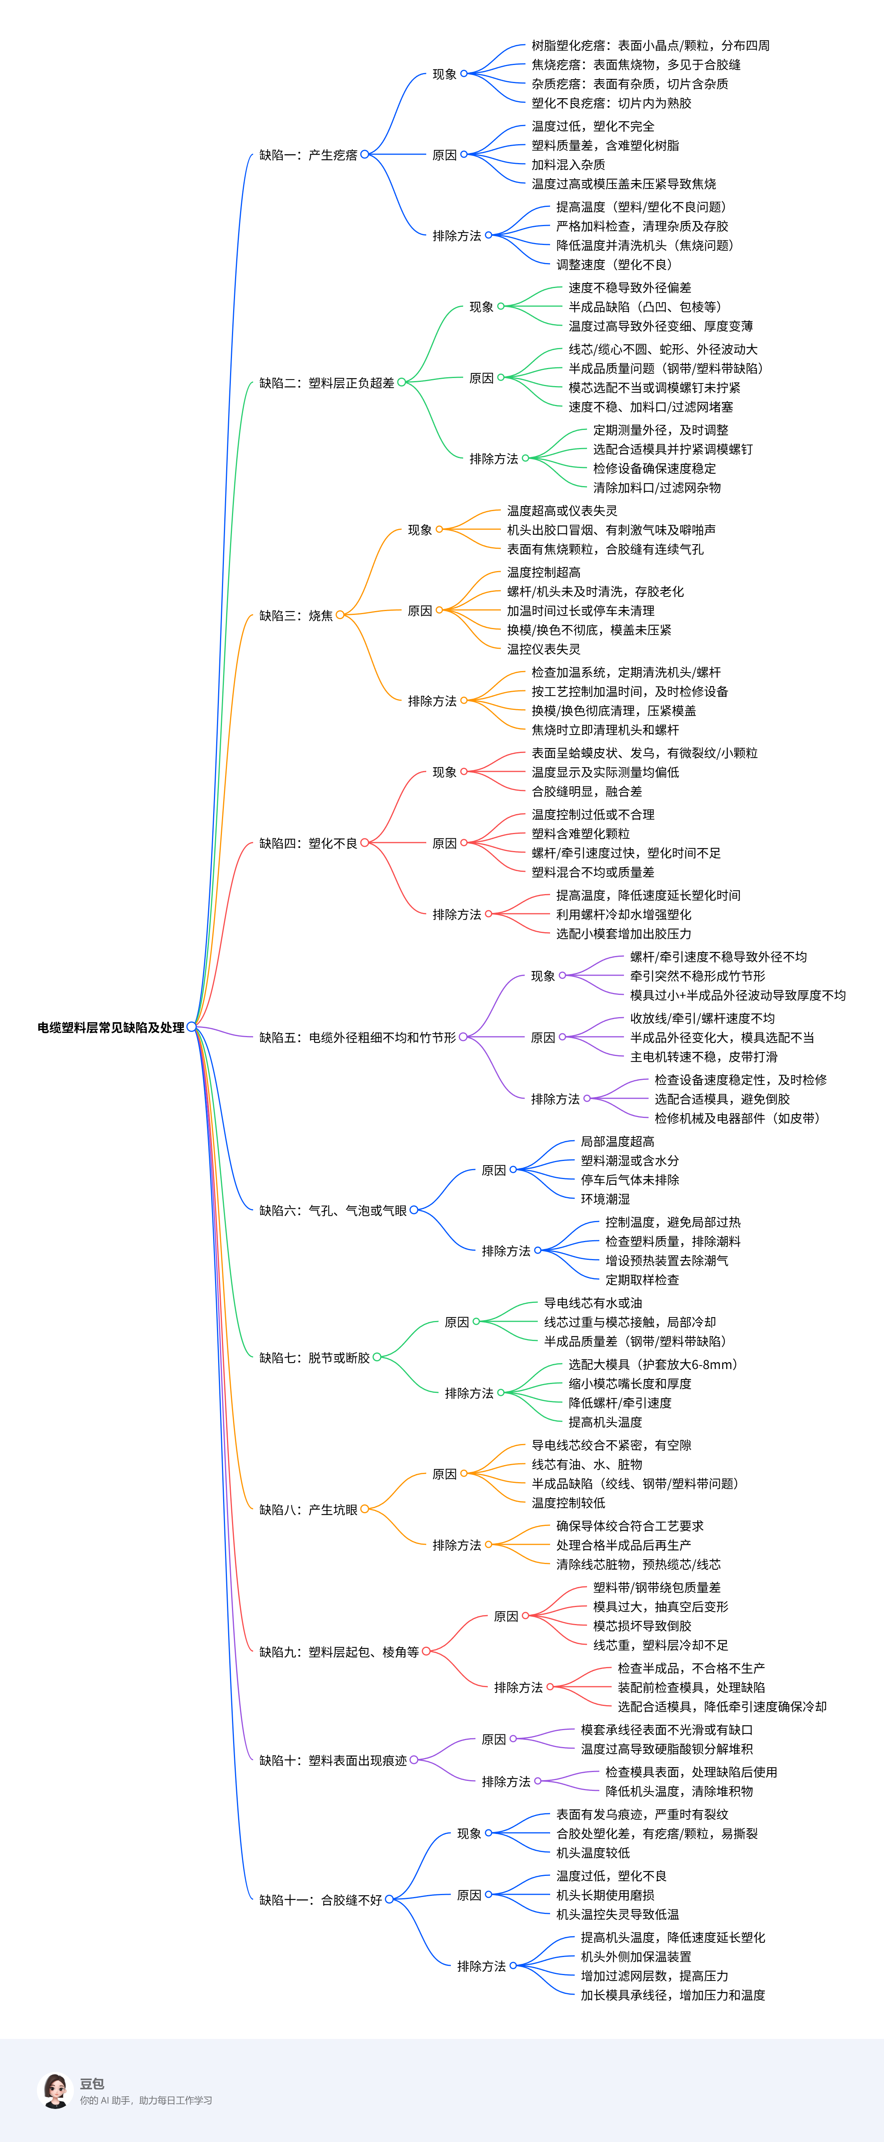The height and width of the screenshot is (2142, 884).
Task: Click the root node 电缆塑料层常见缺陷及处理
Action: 111,1028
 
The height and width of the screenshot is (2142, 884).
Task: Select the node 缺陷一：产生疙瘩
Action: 308,155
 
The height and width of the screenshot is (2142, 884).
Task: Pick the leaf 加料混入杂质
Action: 568,165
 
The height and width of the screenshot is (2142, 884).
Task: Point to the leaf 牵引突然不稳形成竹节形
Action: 697,976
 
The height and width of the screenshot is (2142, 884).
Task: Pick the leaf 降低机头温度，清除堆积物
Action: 679,1791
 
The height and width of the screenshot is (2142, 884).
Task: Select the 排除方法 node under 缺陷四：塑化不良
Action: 457,914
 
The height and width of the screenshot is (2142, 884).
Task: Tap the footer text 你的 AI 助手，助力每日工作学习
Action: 145,2100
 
